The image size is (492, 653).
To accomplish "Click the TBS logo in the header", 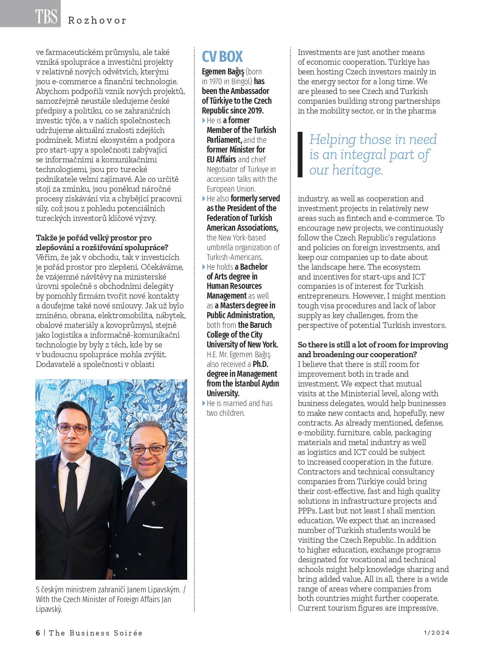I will pyautogui.click(x=46, y=16).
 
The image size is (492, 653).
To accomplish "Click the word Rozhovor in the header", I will pyautogui.click(x=97, y=20).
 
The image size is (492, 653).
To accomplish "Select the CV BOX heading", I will pyautogui.click(x=222, y=57).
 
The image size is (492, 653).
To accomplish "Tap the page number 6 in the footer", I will pyautogui.click(x=38, y=633).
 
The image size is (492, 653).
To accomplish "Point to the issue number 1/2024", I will pyautogui.click(x=437, y=633).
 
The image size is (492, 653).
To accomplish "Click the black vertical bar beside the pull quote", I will pyautogui.click(x=300, y=155).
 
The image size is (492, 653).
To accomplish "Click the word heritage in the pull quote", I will pyautogui.click(x=358, y=170).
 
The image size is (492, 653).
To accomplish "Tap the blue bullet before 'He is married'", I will pyautogui.click(x=204, y=403).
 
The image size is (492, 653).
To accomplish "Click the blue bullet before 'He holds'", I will pyautogui.click(x=204, y=267).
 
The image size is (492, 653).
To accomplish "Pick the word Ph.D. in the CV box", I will pyautogui.click(x=260, y=364).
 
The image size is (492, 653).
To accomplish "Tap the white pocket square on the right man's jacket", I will pyautogui.click(x=153, y=527).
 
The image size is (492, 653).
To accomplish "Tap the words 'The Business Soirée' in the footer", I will pyautogui.click(x=96, y=633).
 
